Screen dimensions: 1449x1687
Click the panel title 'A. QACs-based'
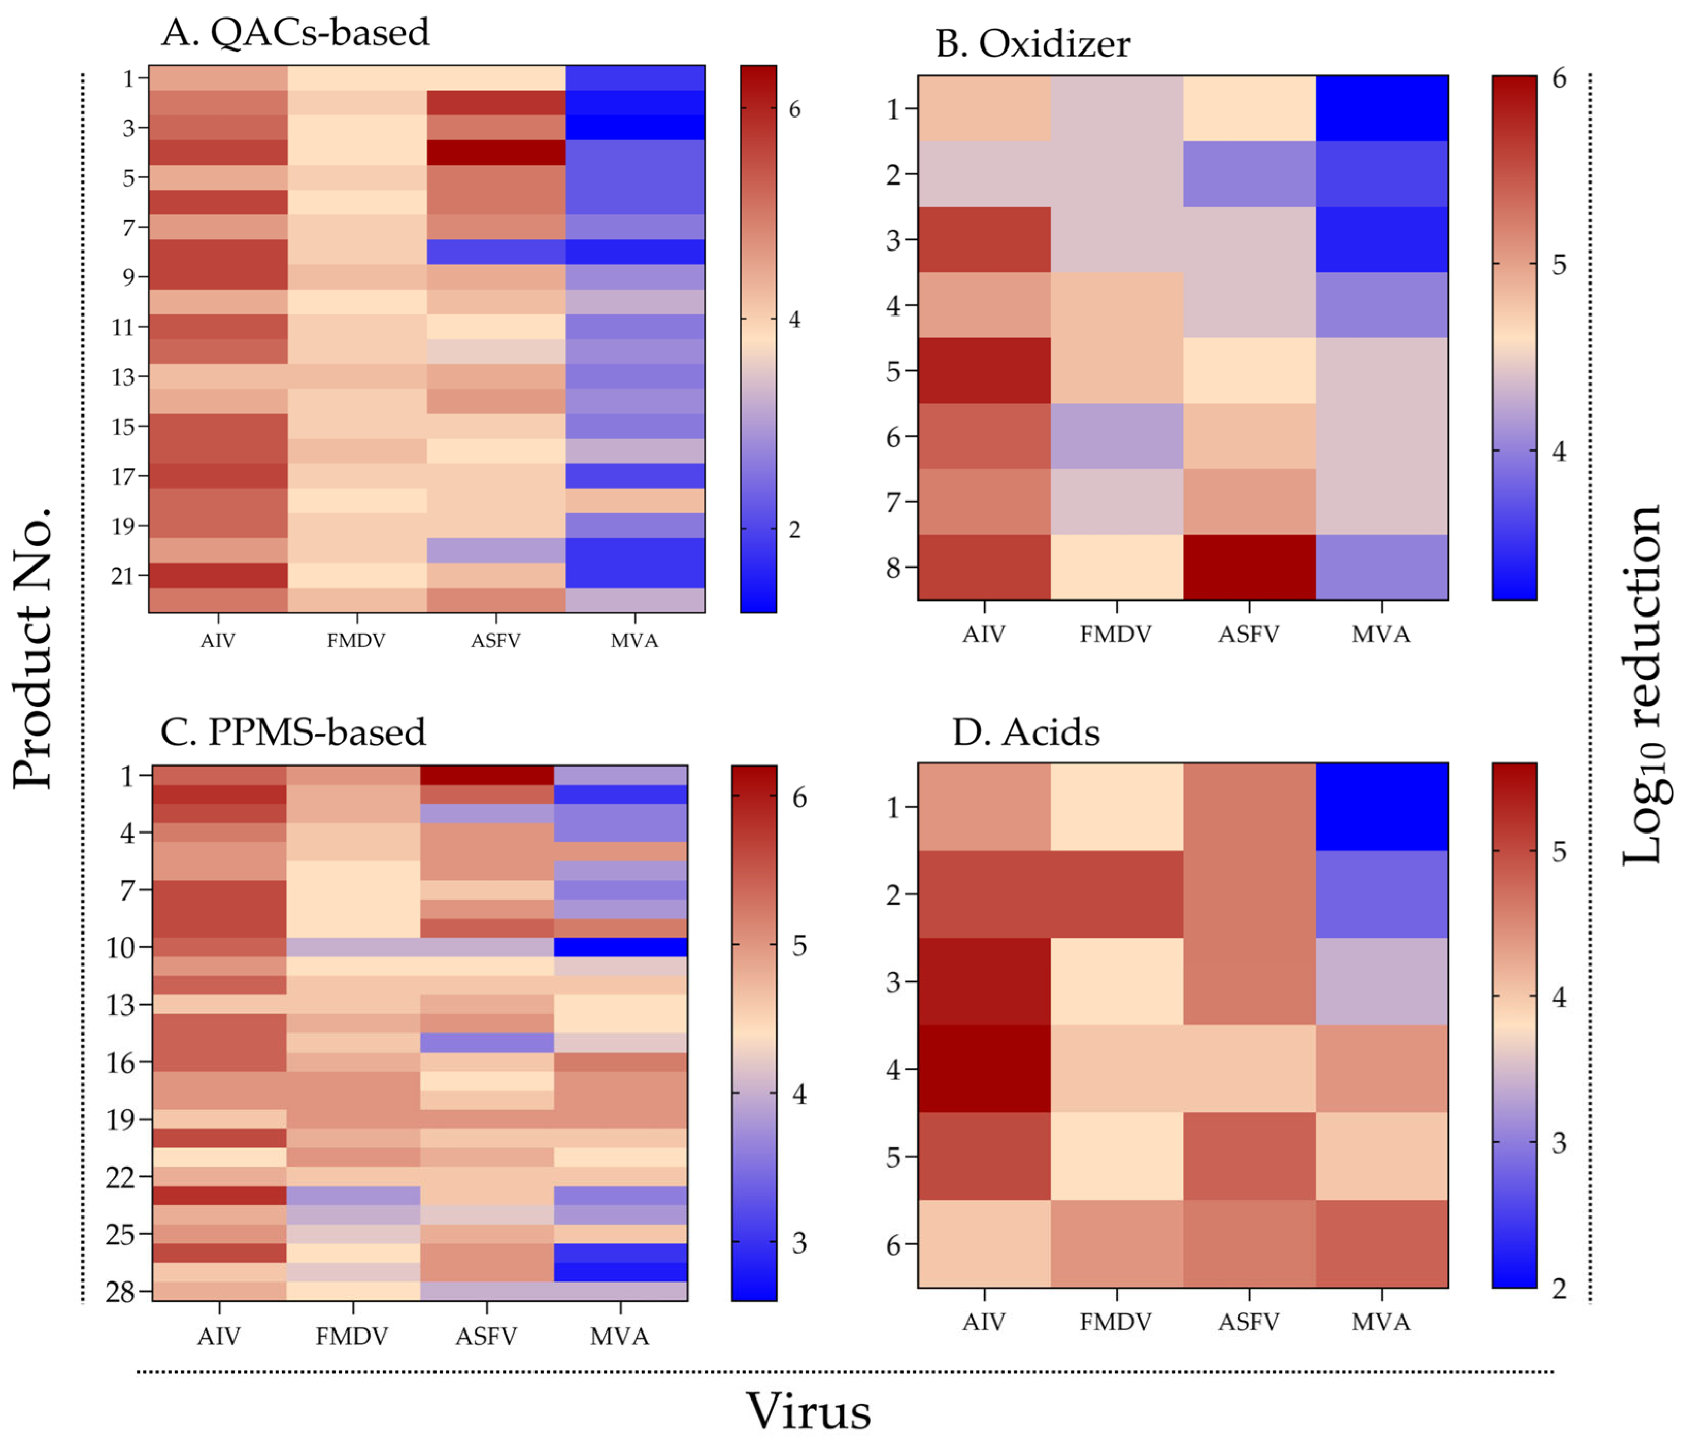295,32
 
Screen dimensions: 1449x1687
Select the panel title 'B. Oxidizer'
1032,44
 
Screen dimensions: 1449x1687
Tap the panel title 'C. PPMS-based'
293,732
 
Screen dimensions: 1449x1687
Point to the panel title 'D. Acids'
1026,732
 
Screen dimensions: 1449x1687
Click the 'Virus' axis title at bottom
809,1411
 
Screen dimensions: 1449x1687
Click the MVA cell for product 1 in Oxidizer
1382,108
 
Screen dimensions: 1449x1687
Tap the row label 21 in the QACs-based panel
123,576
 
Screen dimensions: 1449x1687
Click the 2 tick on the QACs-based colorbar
795,529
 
